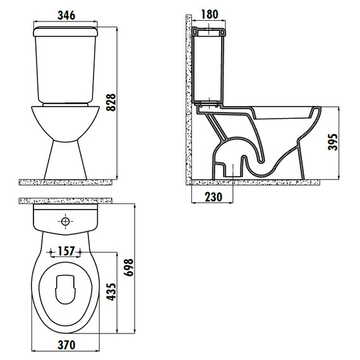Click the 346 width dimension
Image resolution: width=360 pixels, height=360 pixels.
[x=66, y=15]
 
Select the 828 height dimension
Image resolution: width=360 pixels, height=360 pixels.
[x=111, y=102]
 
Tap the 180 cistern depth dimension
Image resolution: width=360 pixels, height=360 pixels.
[x=210, y=15]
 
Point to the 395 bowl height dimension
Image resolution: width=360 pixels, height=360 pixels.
[x=333, y=142]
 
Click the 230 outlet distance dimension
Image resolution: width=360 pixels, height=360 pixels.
[x=213, y=197]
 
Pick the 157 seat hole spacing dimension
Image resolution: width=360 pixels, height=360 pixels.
[x=66, y=251]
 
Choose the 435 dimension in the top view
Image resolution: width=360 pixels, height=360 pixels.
[x=111, y=292]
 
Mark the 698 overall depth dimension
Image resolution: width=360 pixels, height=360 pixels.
[x=128, y=267]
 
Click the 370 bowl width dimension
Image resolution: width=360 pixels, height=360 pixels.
[x=66, y=345]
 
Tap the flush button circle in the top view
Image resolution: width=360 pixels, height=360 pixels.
[x=66, y=221]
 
